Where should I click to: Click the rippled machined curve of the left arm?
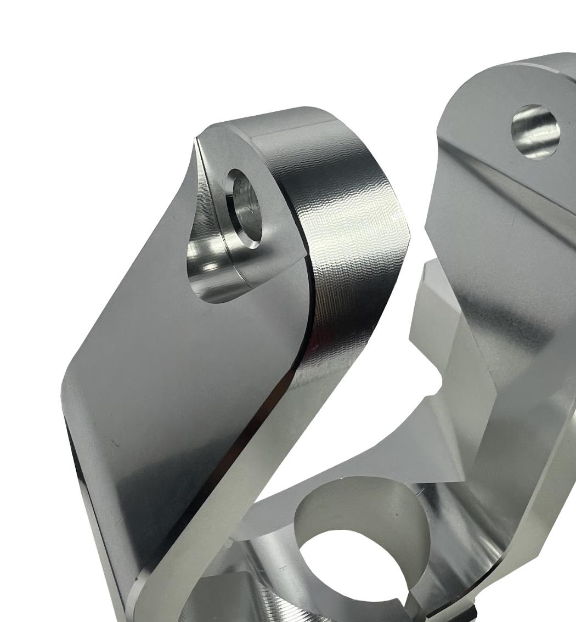(x=351, y=230)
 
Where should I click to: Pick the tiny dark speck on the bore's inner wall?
(x=397, y=515)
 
